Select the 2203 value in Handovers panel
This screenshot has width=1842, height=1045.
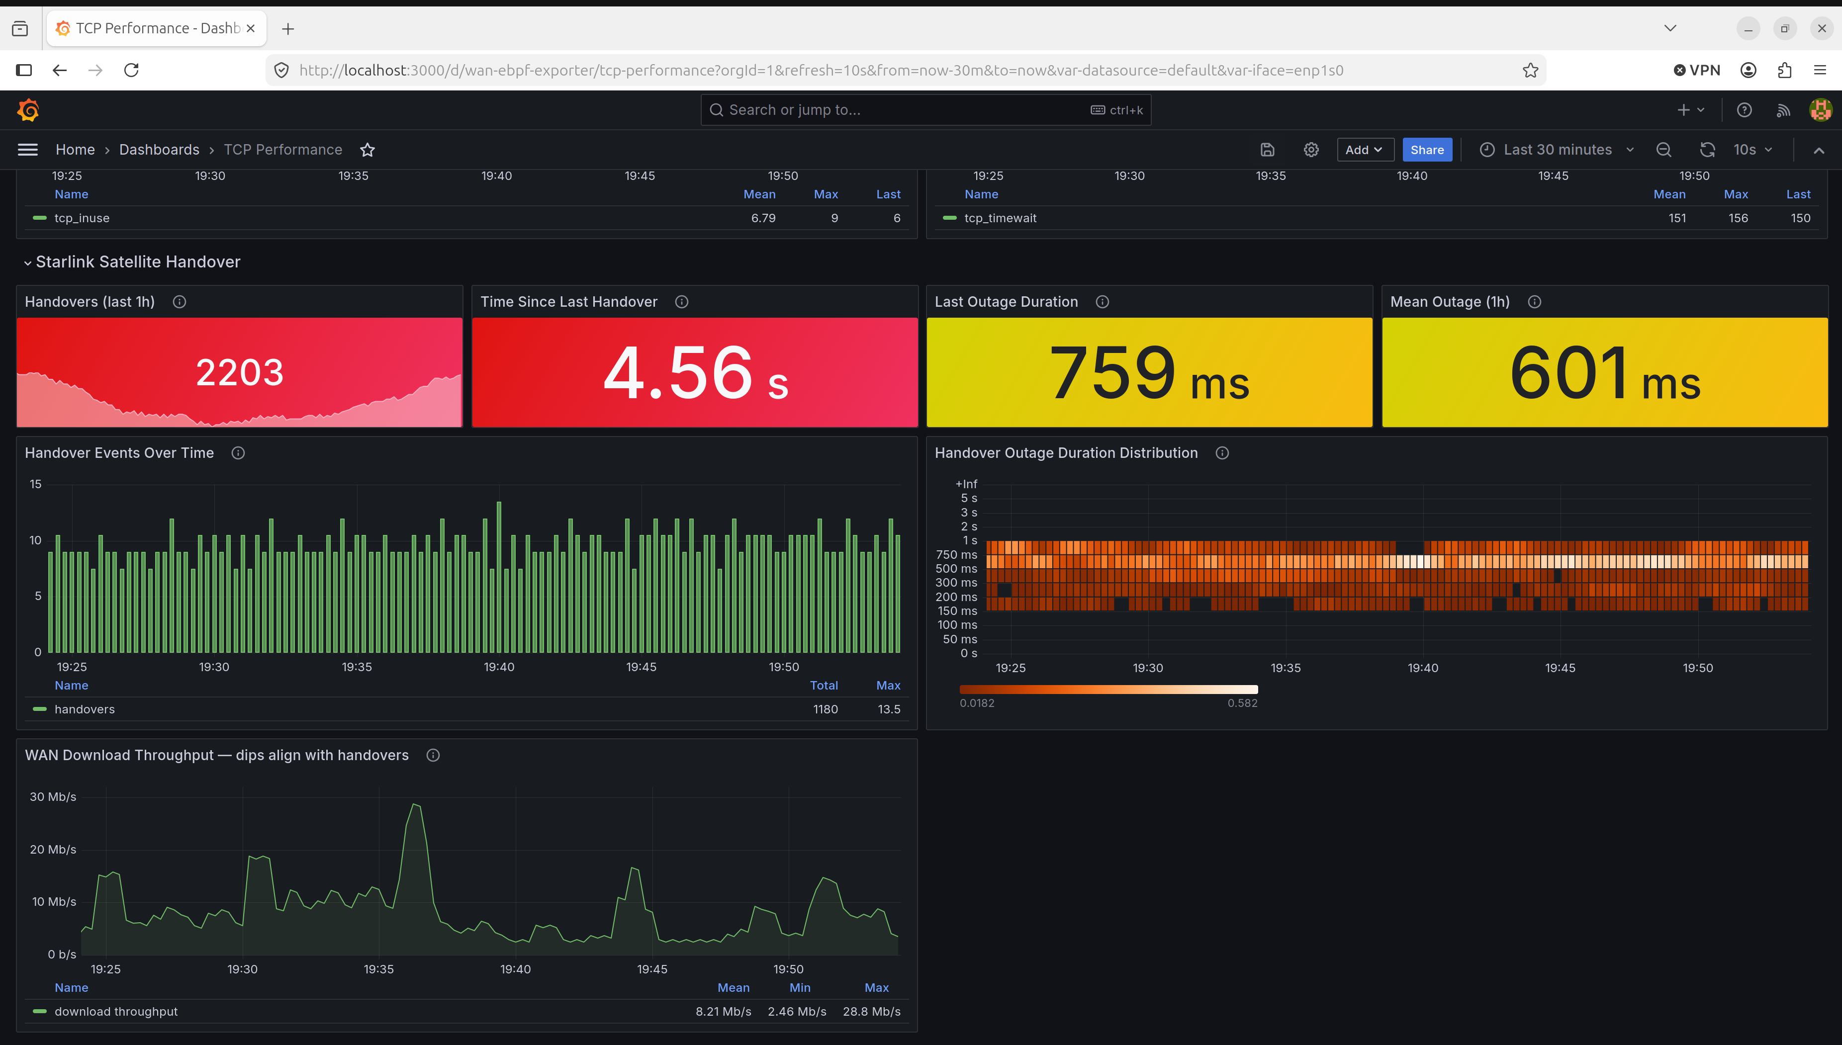(240, 372)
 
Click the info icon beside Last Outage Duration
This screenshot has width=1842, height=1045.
(1102, 302)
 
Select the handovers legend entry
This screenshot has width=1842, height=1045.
(85, 709)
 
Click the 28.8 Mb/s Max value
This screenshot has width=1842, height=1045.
(871, 1011)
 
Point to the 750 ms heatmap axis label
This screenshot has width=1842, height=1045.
(956, 555)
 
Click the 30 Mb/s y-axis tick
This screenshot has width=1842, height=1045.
(52, 796)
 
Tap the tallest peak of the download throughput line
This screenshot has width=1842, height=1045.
(415, 804)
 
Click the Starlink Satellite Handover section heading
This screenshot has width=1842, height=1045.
(138, 262)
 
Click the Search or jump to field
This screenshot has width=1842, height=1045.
(925, 110)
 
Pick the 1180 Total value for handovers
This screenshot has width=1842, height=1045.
(825, 709)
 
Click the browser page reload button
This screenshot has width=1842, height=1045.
(131, 70)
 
